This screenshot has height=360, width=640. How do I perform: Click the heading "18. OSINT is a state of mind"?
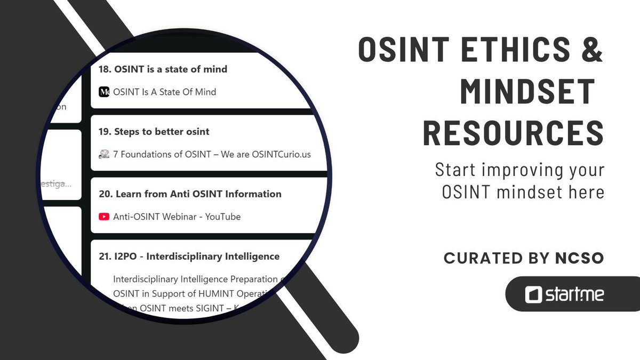click(163, 69)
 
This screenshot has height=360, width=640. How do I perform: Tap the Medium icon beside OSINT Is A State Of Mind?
click(104, 92)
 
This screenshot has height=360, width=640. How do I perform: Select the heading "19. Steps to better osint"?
click(154, 132)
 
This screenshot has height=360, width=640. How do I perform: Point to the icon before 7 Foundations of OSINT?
click(104, 154)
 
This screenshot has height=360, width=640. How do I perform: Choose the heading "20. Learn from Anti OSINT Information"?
click(190, 194)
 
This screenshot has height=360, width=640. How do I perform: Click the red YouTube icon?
click(104, 217)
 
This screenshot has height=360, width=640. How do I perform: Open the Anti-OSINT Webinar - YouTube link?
click(177, 217)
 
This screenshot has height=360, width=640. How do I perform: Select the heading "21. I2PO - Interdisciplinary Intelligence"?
click(189, 257)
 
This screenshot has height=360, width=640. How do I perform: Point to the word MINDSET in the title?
click(527, 91)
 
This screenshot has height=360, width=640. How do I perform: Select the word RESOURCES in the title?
click(513, 133)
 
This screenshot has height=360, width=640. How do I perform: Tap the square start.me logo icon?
click(533, 294)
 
